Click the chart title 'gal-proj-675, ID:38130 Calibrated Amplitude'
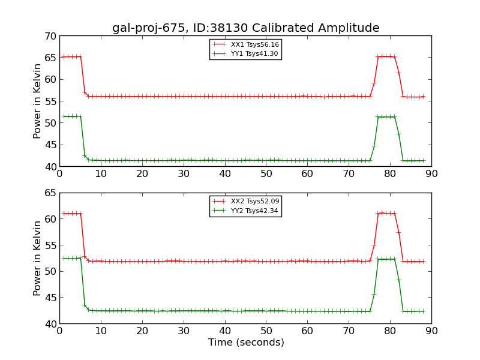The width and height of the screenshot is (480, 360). click(x=245, y=28)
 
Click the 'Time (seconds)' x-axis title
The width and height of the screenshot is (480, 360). click(x=246, y=343)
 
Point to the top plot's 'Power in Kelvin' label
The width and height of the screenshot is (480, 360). click(x=38, y=101)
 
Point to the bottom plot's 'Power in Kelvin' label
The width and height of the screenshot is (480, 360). click(x=38, y=258)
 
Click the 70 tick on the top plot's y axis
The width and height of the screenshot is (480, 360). click(x=50, y=36)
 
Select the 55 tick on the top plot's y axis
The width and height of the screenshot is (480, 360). click(x=50, y=101)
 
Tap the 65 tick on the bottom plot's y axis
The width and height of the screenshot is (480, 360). click(x=50, y=193)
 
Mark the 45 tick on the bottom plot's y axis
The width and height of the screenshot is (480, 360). click(x=50, y=298)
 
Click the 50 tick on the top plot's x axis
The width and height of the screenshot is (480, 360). click(x=266, y=174)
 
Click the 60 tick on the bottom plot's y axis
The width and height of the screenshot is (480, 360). click(x=50, y=219)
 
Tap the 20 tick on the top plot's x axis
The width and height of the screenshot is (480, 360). click(x=142, y=174)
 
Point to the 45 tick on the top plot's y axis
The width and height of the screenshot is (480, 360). click(x=50, y=145)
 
